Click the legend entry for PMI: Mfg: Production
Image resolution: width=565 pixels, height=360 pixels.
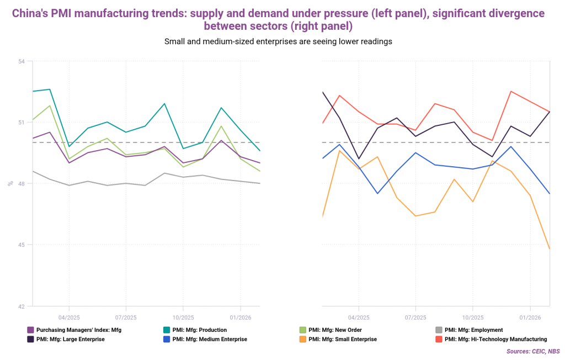[199, 330]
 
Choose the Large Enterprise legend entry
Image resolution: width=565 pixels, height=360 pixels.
[70, 339]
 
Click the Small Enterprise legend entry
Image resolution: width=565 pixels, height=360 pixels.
[343, 339]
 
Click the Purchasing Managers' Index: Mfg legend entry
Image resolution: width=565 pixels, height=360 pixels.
[78, 330]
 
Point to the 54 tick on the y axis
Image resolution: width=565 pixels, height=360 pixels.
[22, 61]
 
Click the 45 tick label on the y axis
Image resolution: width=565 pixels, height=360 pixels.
[22, 245]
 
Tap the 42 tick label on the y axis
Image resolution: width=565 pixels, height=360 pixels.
[22, 306]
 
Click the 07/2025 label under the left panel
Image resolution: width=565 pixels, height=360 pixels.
[126, 317]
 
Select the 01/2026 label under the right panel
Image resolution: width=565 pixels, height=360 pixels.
[530, 317]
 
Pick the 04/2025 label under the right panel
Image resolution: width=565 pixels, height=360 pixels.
[359, 317]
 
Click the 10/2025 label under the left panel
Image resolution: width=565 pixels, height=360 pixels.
[183, 317]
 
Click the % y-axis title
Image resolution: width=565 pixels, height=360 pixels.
[10, 183]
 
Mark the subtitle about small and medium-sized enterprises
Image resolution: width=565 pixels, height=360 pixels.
[278, 41]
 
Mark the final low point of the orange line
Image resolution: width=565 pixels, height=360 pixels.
[550, 249]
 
